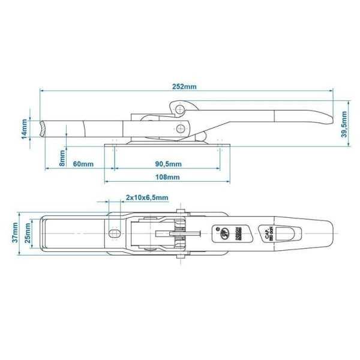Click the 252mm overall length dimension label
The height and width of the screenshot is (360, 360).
pos(184,86)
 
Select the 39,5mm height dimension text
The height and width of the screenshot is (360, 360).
pos(344,124)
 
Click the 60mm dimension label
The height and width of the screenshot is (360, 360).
pos(83,164)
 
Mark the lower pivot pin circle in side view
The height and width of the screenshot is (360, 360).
pos(181,128)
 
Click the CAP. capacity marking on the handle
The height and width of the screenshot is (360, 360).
pos(265,233)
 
